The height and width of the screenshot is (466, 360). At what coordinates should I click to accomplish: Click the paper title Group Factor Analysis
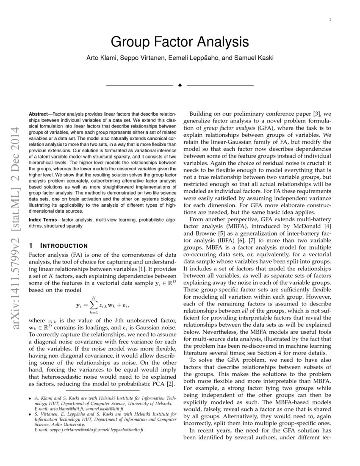click(x=180, y=42)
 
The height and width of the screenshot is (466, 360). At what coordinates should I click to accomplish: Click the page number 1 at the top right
click(x=330, y=19)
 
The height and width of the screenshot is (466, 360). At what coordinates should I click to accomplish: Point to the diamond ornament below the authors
click(x=180, y=86)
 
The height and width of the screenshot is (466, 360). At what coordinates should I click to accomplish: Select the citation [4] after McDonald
click(x=328, y=226)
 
